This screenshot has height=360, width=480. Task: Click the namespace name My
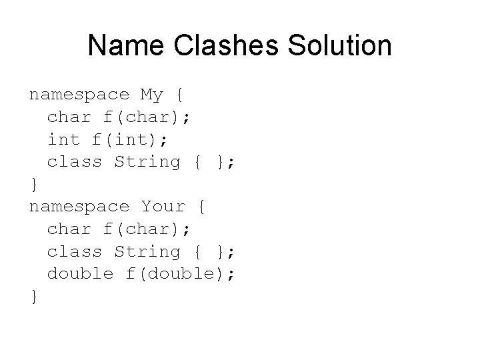(x=152, y=95)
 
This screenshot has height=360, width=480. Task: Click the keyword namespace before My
(x=79, y=95)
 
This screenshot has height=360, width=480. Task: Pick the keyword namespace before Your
(x=79, y=207)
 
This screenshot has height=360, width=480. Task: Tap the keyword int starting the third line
(x=63, y=139)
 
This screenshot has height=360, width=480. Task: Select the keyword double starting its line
(x=80, y=273)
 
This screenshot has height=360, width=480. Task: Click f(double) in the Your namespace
(x=180, y=273)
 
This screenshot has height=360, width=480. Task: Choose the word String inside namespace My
(x=147, y=162)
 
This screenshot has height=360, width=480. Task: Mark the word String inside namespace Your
(x=147, y=251)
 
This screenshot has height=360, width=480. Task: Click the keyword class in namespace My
(x=74, y=162)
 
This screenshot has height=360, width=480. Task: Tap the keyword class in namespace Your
(x=74, y=251)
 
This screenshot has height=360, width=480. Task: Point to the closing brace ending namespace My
(x=33, y=185)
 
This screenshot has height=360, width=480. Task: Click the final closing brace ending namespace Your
(x=33, y=297)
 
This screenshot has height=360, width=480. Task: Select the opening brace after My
(x=185, y=95)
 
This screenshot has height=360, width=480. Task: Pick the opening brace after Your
(x=202, y=207)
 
